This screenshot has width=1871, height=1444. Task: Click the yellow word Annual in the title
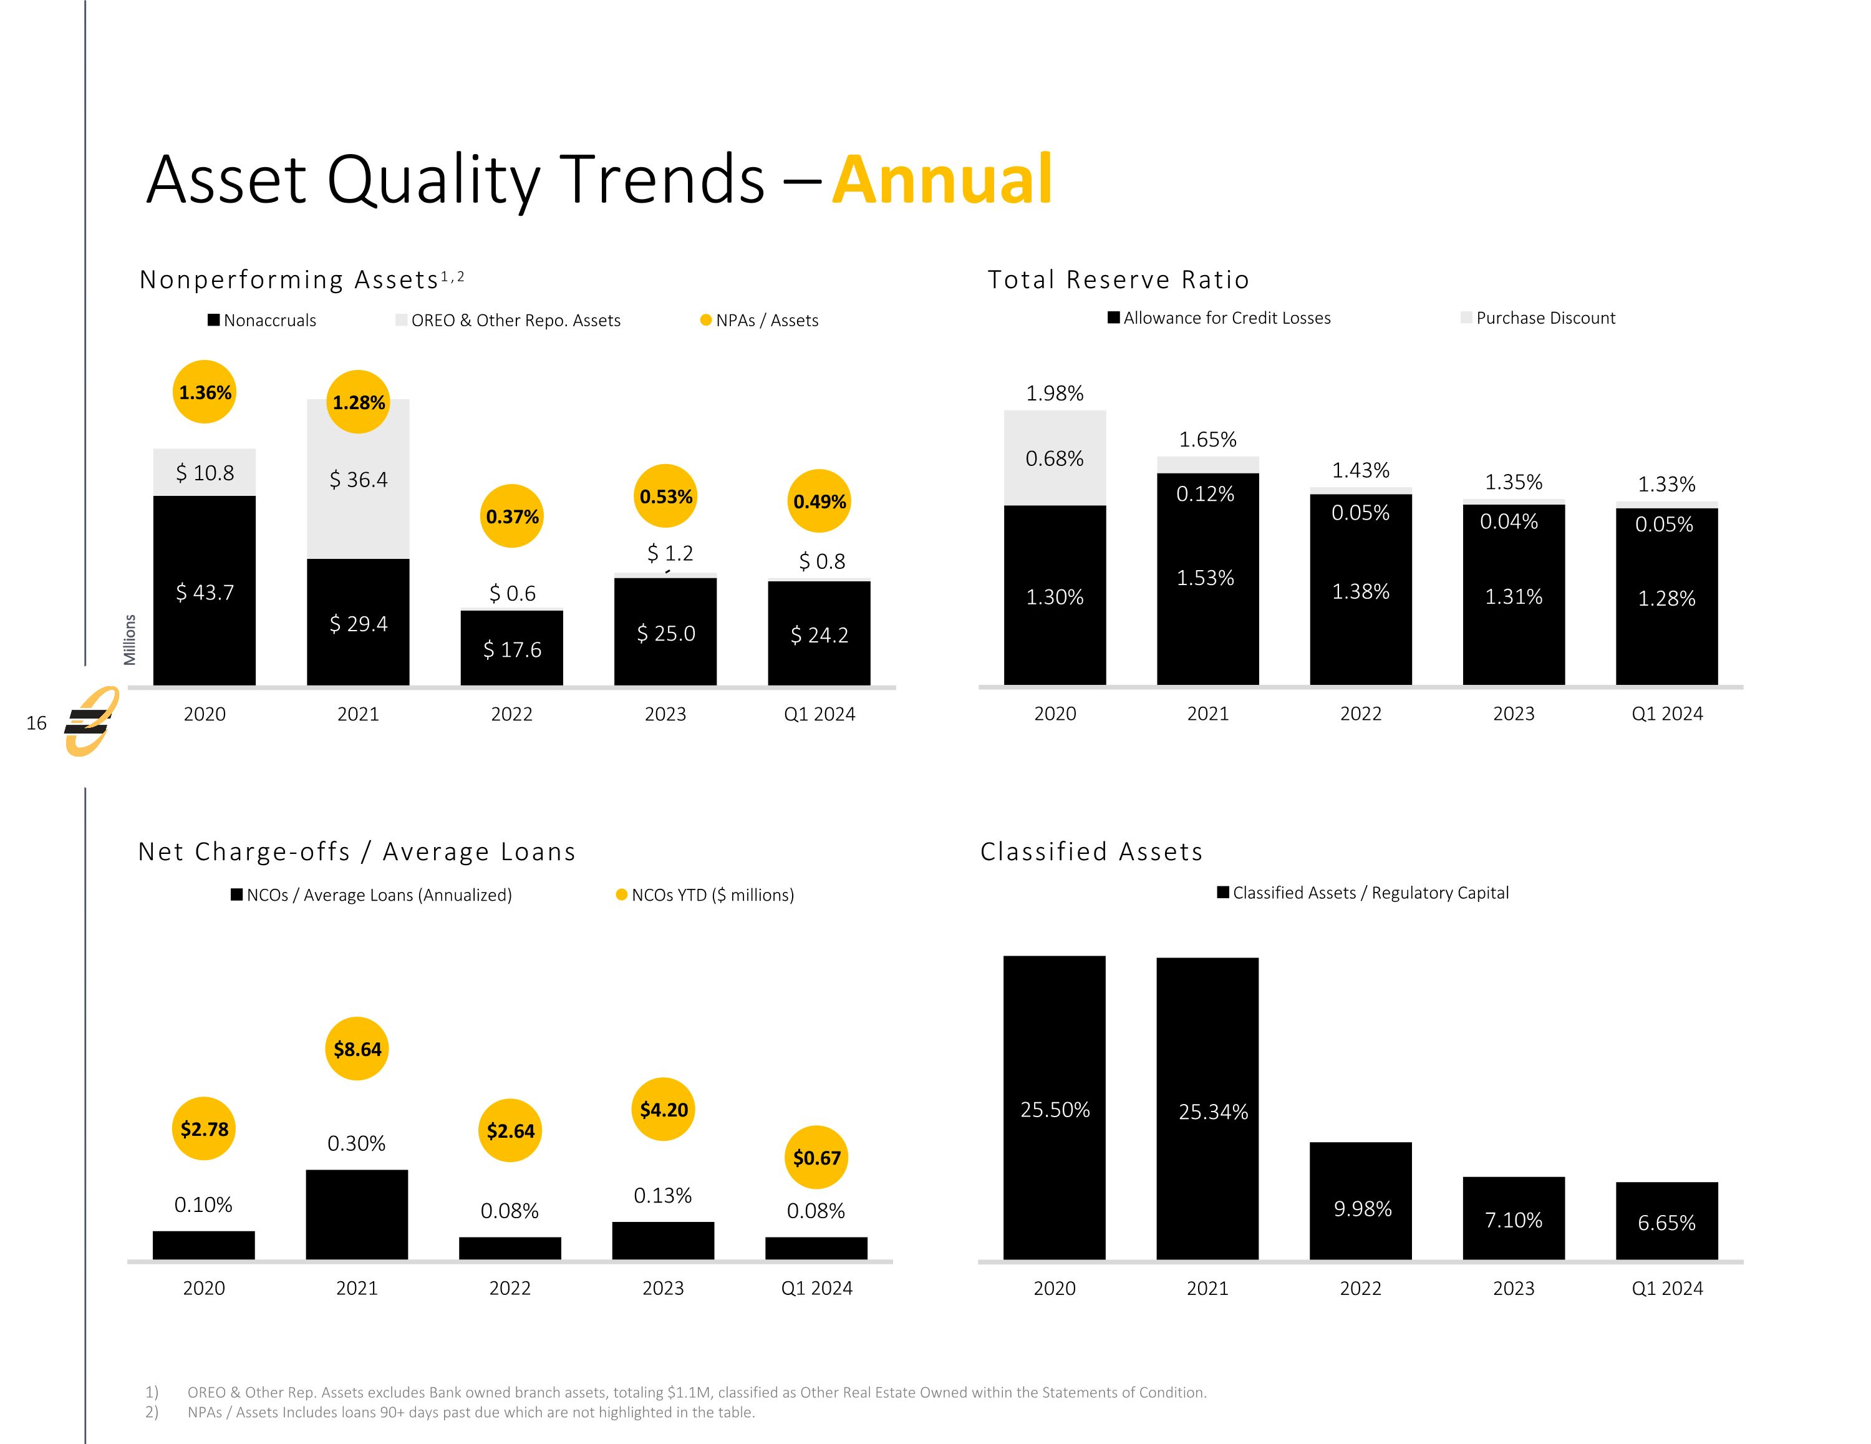(942, 180)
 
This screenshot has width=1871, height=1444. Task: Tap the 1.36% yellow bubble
(205, 392)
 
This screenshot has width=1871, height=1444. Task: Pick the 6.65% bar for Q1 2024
(1666, 1221)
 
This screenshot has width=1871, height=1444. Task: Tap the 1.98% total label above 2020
(1055, 394)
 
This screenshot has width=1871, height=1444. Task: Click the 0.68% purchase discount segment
(1055, 458)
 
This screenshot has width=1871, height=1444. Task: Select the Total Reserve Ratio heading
(1118, 279)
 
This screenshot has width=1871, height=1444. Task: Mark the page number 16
(36, 724)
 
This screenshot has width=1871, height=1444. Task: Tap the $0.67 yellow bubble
(816, 1158)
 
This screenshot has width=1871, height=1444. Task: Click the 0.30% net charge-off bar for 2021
(356, 1214)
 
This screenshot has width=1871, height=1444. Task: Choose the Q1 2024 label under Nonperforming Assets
(819, 714)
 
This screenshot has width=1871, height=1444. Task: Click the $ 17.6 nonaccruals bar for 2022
(511, 649)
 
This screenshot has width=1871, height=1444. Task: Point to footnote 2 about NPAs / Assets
(470, 1412)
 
